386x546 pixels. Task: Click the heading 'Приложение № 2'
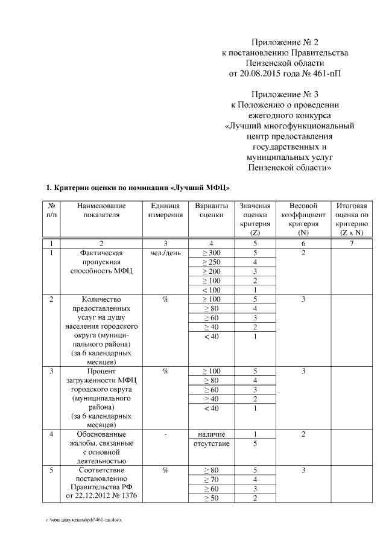click(x=285, y=42)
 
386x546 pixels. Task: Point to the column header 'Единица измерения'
click(x=165, y=211)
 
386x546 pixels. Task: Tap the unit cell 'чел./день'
click(x=165, y=253)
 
